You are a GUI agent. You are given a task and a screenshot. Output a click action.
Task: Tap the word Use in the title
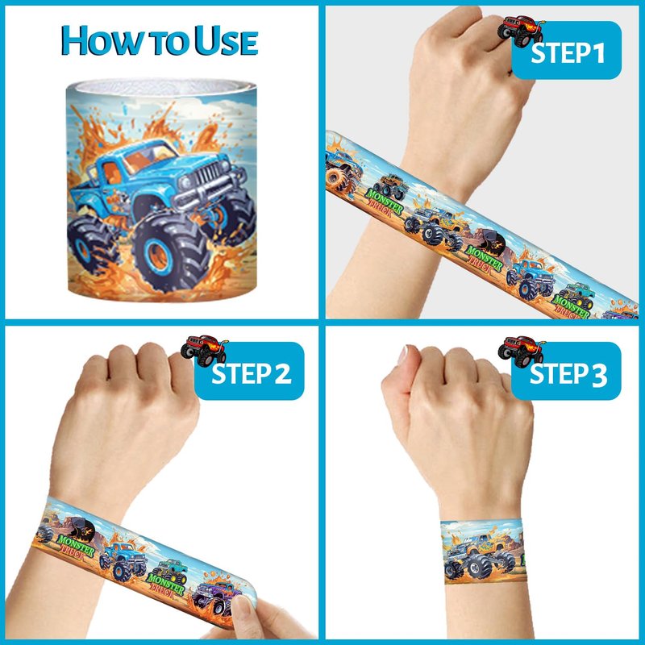227,40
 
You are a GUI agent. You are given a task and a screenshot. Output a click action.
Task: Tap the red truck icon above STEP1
520,31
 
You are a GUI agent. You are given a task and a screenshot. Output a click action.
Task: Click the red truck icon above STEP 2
204,350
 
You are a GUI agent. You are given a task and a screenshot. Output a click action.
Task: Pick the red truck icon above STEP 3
521,351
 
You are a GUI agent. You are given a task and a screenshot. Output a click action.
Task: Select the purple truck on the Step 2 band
214,597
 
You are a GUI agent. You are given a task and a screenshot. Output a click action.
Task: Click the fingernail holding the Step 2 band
243,608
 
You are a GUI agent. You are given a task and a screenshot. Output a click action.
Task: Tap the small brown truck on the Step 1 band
392,186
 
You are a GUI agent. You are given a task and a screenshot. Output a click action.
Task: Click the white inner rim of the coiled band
162,87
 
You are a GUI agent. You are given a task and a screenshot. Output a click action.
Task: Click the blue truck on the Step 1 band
531,278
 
